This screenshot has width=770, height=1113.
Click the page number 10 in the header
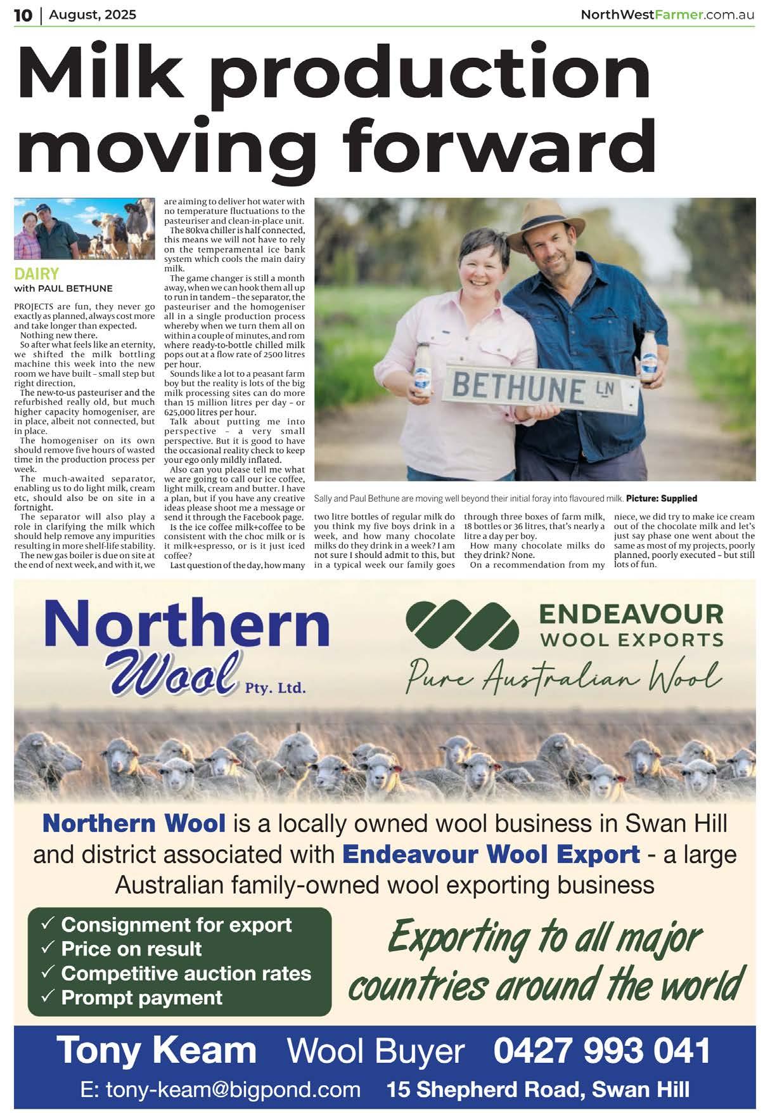coord(23,15)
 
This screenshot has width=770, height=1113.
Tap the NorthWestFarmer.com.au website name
coord(667,15)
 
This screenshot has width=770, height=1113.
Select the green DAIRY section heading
coord(37,274)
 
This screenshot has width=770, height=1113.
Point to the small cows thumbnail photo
coord(84,229)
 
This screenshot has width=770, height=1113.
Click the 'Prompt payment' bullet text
coord(141,998)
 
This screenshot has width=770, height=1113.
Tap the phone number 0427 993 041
coord(602,1051)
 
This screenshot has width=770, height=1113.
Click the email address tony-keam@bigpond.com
coord(221,1090)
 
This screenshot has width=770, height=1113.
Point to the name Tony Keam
coord(157,1051)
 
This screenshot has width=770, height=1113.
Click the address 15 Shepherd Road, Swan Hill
coord(538,1090)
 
